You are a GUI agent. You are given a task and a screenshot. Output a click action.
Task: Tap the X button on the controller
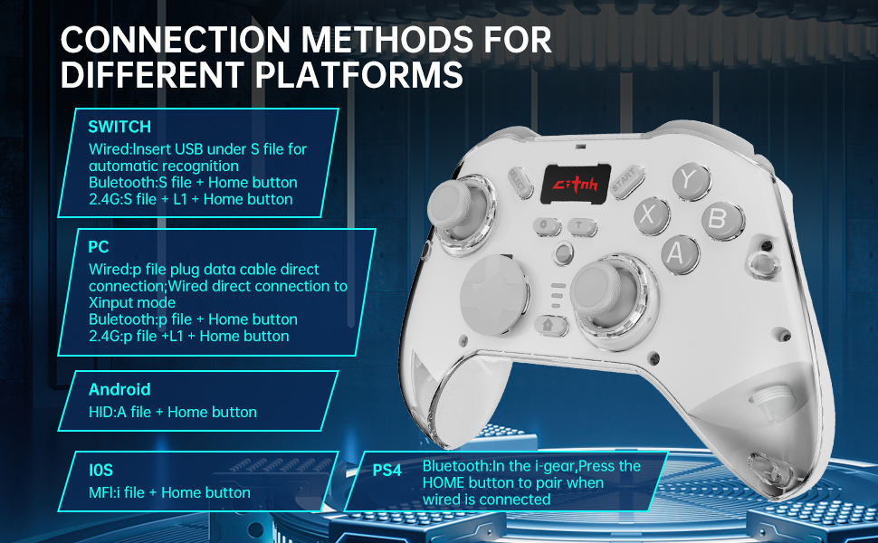[647, 214]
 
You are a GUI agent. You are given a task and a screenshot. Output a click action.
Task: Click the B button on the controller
[716, 218]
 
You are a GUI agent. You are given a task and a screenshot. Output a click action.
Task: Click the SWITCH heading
[119, 127]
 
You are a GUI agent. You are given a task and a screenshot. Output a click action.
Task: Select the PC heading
[99, 246]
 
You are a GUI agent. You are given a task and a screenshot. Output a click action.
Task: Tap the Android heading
[119, 390]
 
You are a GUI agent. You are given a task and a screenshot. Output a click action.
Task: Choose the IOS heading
[100, 471]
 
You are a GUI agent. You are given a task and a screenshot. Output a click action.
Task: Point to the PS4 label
[387, 471]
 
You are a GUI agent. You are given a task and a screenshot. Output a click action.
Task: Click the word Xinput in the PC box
[110, 302]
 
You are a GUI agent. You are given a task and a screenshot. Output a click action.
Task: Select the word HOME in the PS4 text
[444, 482]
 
